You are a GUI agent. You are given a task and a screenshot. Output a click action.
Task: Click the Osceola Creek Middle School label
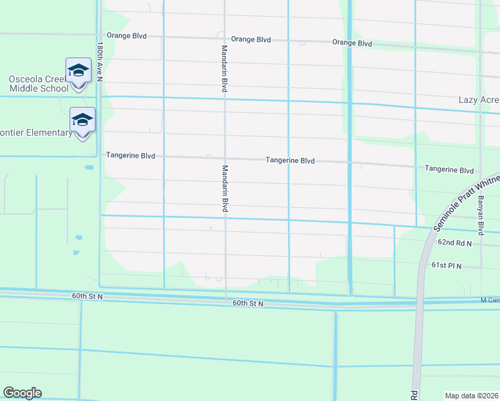pyautogui.click(x=38, y=84)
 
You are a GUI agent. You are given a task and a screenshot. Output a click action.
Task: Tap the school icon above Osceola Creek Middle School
pyautogui.click(x=78, y=70)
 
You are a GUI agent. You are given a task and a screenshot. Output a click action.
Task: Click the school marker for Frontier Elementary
pyautogui.click(x=82, y=120)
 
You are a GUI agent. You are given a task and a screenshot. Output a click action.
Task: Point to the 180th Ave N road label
pyautogui.click(x=99, y=62)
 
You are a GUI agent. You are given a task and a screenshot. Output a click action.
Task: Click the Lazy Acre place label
pyautogui.click(x=479, y=100)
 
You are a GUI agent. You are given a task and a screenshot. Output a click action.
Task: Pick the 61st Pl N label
pyautogui.click(x=447, y=266)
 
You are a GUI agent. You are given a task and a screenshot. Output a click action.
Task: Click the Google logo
pyautogui.click(x=22, y=393)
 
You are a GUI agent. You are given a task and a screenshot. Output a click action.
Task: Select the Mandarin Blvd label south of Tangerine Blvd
pyautogui.click(x=225, y=189)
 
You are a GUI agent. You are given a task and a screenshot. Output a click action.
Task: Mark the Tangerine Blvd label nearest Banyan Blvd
pyautogui.click(x=449, y=170)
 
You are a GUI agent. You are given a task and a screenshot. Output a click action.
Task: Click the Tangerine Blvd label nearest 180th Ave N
pyautogui.click(x=130, y=156)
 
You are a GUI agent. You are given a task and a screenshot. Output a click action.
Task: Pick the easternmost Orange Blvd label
pyautogui.click(x=352, y=43)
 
